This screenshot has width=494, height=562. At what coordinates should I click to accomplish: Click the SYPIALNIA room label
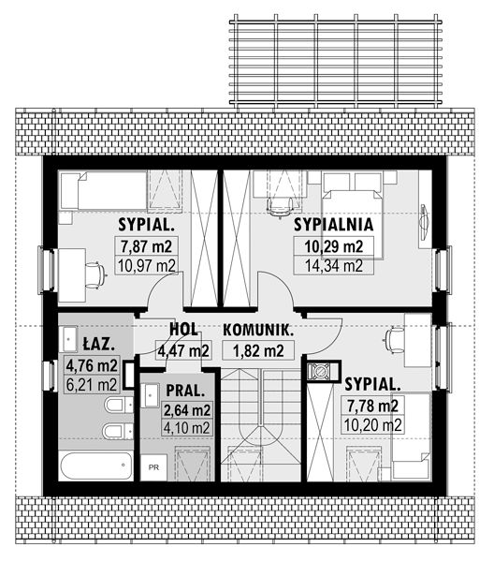(x=334, y=225)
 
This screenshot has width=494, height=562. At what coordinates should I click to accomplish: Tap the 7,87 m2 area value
(x=146, y=246)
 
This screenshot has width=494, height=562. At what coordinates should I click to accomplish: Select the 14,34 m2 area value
(x=334, y=266)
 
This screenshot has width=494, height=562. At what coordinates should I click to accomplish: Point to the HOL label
(x=183, y=330)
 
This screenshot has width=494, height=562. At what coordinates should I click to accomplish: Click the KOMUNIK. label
(x=258, y=330)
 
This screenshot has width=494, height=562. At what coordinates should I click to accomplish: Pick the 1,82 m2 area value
(x=258, y=350)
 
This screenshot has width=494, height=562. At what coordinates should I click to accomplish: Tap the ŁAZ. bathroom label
(x=99, y=345)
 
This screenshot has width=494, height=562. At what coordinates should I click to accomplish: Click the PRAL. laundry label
(x=185, y=391)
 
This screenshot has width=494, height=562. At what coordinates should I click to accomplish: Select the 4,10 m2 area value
(x=186, y=427)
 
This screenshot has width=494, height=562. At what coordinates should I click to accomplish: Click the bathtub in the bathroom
(x=95, y=466)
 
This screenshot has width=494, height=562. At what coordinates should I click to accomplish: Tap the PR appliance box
(x=153, y=467)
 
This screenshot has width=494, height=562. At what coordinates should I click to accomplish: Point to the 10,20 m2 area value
(x=372, y=425)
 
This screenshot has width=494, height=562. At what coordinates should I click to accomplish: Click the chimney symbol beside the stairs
(x=320, y=371)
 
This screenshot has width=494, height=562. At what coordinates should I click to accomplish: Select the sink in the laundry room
(x=150, y=395)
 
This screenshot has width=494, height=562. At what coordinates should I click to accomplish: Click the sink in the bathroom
(x=70, y=339)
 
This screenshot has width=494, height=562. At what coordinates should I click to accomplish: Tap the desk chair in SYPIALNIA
(x=280, y=207)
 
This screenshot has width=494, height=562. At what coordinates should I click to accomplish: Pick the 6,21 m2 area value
(x=92, y=385)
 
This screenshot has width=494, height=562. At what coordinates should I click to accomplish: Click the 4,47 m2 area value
(x=183, y=350)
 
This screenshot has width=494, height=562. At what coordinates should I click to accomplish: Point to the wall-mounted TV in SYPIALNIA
(x=424, y=220)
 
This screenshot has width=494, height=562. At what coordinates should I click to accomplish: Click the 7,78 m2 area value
(x=372, y=407)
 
